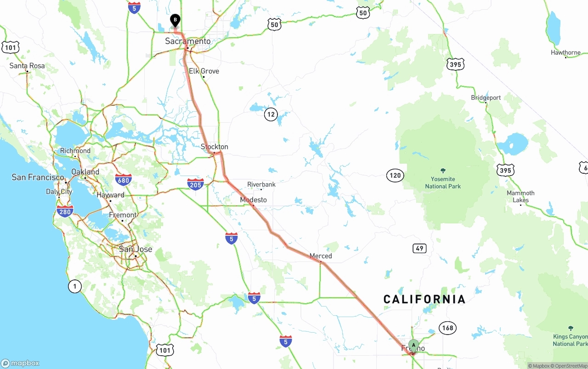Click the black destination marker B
[x=175, y=20]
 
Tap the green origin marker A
[x=413, y=345]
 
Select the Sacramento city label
[x=188, y=41]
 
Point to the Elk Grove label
[x=204, y=71]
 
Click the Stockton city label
[x=215, y=147]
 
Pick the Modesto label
[x=253, y=200]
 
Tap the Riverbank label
[x=261, y=185]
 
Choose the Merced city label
[x=321, y=256]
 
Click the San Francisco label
[x=38, y=177]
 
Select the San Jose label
[x=136, y=249]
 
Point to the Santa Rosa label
[x=27, y=66]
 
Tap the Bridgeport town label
[x=486, y=98]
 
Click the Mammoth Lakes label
[x=520, y=197]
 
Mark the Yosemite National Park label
[x=443, y=182]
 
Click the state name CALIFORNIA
[x=424, y=300]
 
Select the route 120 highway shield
[x=395, y=175]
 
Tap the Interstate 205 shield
[x=196, y=184]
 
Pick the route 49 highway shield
[x=419, y=249]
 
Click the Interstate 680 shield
[x=124, y=179]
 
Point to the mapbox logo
[x=21, y=363]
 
